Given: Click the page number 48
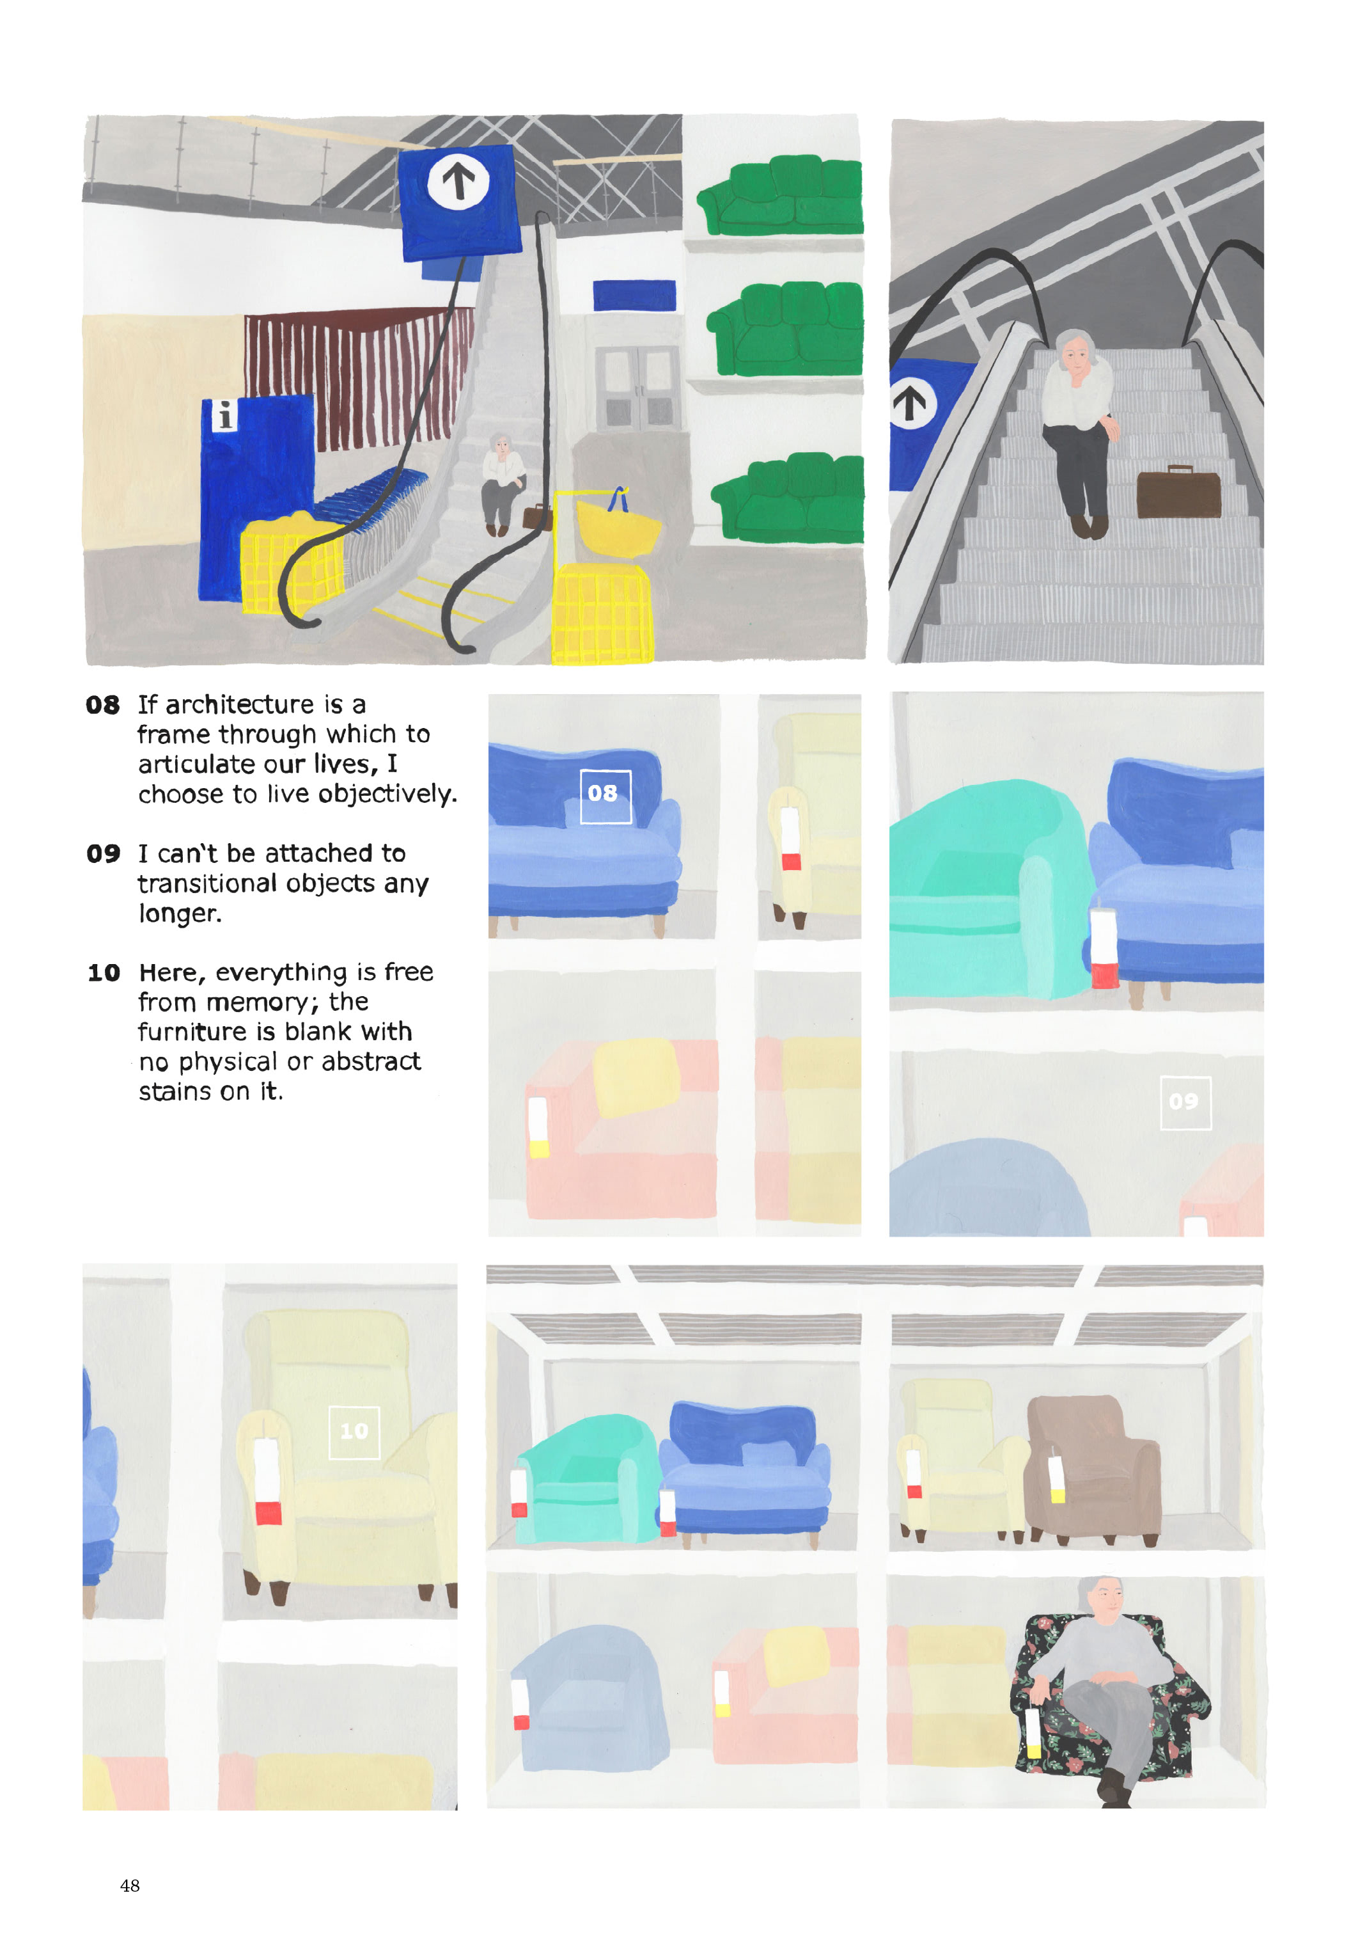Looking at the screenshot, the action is click(129, 1885).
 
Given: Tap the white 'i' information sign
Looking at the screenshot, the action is click(223, 416).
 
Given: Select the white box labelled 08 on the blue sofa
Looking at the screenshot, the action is click(605, 796).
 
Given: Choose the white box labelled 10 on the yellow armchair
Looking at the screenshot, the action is click(354, 1432).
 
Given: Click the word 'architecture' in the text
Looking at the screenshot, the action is click(240, 705).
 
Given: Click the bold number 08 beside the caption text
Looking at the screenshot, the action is click(102, 705).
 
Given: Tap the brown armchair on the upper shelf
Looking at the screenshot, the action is click(1093, 1468).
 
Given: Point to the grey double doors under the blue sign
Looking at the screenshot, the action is click(637, 388).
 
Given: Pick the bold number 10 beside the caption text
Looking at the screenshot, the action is click(104, 973).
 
